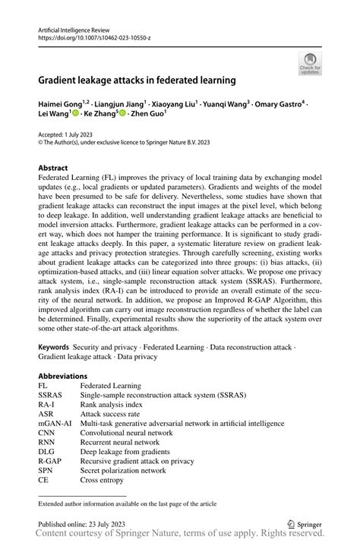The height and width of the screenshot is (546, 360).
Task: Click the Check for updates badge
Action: (x=310, y=63)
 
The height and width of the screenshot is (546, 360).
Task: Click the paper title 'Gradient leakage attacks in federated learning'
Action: (x=137, y=79)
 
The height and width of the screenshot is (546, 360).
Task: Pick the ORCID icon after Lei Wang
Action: (x=75, y=115)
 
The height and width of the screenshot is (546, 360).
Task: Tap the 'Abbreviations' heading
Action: (x=64, y=376)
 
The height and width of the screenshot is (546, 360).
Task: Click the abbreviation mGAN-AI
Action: (x=54, y=422)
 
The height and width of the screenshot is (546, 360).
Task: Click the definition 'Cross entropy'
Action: (x=103, y=478)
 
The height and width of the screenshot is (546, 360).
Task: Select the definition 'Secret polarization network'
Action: (x=125, y=469)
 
